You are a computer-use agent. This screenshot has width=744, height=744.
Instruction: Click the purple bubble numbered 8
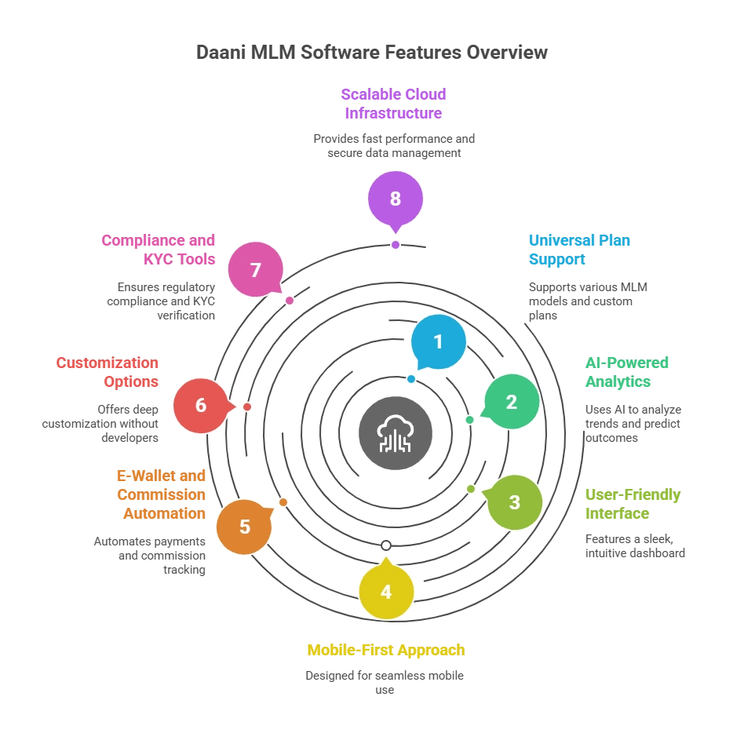point(396,199)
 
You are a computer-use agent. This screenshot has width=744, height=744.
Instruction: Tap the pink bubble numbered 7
point(256,269)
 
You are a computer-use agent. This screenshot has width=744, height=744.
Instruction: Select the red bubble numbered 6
point(202,406)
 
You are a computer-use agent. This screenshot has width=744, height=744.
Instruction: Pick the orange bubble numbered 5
point(244,526)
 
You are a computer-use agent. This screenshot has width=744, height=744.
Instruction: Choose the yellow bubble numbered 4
point(386,591)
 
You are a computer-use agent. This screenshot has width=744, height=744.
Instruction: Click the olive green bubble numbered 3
point(514,502)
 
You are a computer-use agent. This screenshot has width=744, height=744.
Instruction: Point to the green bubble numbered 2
point(511,402)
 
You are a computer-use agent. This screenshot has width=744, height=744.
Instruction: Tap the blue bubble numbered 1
point(439,341)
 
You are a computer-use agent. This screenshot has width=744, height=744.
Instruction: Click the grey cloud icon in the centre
point(396,433)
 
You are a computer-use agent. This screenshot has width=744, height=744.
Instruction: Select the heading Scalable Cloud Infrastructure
point(393,104)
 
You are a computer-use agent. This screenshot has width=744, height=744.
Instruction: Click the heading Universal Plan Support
point(579,250)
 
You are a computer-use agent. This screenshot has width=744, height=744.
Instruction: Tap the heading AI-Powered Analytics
point(627,372)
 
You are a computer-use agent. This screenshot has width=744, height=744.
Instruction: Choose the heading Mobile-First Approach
point(386,650)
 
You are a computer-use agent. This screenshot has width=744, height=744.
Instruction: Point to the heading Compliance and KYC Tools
point(158,250)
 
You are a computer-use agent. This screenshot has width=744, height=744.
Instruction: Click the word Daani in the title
point(221,53)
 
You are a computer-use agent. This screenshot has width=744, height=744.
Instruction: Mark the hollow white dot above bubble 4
point(386,545)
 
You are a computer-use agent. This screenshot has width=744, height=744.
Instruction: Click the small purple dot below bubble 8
point(396,245)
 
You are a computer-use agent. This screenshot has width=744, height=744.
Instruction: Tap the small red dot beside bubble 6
point(246,407)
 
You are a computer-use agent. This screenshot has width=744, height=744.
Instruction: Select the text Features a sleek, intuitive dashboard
point(635,546)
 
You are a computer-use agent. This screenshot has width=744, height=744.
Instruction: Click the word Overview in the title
point(507,53)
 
